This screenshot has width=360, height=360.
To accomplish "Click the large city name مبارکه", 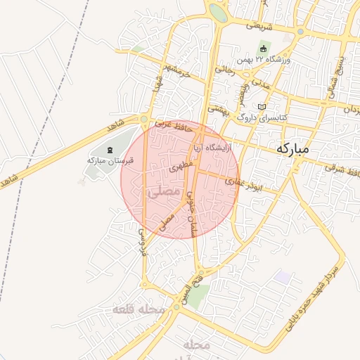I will click(294, 149).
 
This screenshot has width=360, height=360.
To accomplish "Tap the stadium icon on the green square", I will click(264, 49).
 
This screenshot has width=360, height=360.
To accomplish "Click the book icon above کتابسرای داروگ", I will click(263, 107).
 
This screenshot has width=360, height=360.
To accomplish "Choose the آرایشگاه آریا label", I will click(209, 149).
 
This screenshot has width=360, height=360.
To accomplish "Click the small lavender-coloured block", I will click(282, 276).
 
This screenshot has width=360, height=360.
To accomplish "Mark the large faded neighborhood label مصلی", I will click(163, 191).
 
